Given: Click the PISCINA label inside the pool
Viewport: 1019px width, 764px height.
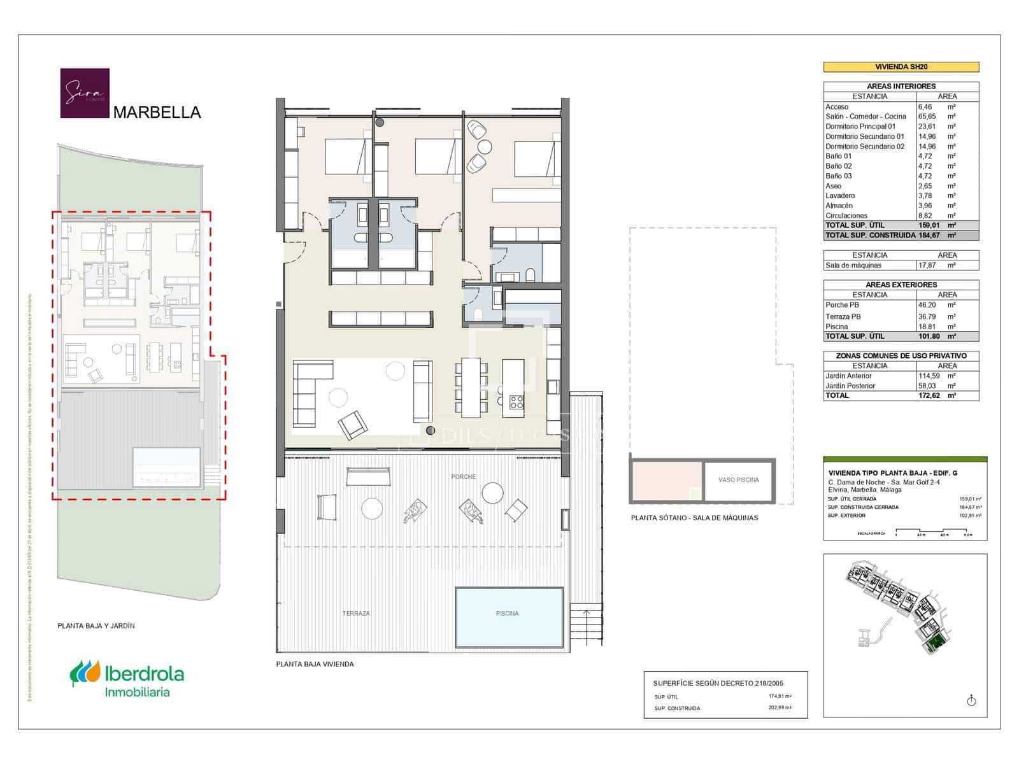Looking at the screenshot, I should tap(507, 614).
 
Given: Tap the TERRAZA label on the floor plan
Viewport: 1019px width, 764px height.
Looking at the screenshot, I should tap(356, 614).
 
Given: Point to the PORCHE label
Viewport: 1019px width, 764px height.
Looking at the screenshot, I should tap(463, 477).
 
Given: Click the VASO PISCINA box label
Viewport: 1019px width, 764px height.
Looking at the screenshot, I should tap(738, 480).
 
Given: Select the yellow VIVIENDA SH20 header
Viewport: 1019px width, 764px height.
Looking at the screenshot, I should tap(901, 67).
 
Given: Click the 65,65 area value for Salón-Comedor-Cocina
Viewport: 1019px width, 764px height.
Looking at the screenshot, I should tap(927, 117).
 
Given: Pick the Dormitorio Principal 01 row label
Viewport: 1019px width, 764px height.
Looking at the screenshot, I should tap(860, 127).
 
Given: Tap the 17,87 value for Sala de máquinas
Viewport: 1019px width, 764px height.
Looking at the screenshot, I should tap(927, 265).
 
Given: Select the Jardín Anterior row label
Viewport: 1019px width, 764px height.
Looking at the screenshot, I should tap(848, 376).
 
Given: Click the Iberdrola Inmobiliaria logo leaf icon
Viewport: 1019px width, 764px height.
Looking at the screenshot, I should tap(85, 672).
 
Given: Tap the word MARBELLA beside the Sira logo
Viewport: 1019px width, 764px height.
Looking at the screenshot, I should tap(157, 113).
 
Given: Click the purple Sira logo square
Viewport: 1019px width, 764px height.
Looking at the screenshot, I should tap(85, 93).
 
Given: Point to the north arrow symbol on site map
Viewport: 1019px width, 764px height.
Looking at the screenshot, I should tap(971, 701).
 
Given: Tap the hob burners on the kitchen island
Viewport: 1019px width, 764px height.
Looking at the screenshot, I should tap(516, 402).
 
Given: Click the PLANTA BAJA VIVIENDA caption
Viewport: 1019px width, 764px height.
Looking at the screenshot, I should tap(315, 664).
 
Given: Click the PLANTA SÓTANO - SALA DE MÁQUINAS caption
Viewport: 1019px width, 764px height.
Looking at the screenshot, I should tap(694, 518).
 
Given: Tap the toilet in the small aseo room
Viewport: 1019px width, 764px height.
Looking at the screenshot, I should tap(478, 314).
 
